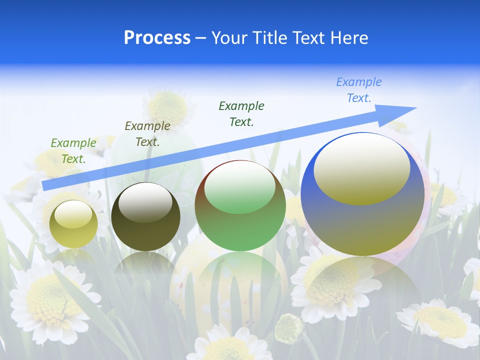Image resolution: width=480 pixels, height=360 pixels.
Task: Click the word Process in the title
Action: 157,38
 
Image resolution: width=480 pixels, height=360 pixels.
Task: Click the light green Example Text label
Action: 73,151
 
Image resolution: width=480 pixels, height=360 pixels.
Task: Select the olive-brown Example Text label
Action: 147,134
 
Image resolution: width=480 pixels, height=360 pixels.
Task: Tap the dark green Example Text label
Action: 241,114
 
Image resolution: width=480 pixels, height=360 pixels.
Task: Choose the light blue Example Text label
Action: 359,90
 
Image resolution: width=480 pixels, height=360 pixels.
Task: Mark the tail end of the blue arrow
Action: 44,185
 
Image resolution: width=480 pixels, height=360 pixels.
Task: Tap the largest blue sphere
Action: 362,225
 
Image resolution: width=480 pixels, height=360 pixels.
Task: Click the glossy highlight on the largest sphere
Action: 361,167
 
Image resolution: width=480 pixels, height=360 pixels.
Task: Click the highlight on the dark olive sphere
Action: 145,201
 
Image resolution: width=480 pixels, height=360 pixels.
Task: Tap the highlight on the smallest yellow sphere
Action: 73,214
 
